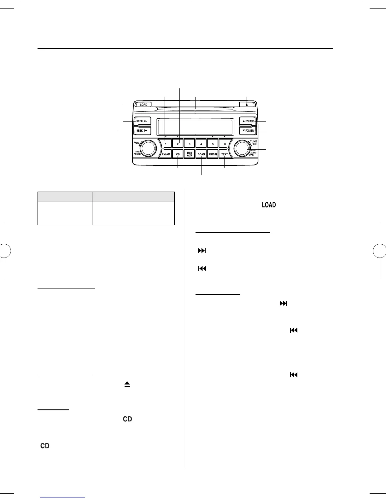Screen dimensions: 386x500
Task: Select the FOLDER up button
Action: pos(248,121)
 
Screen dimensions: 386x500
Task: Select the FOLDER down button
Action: pos(248,130)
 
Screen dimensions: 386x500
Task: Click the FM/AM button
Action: pos(166,154)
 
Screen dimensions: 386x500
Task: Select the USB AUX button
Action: pos(189,154)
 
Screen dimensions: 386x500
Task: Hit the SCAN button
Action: pos(201,154)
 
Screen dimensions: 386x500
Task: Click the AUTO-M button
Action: pos(213,154)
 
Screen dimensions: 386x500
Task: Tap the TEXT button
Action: pos(225,154)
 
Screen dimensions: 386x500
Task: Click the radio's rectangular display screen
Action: pos(195,127)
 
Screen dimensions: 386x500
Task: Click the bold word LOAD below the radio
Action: pos(269,205)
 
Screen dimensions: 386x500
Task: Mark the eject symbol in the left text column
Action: pos(127,384)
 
